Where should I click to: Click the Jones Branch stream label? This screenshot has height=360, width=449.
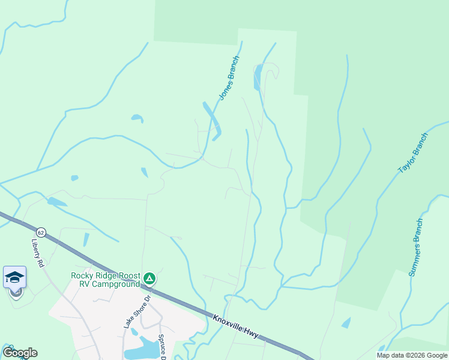point(229,78)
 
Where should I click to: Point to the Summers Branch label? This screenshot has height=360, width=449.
point(417,247)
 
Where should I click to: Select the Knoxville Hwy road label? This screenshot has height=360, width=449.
point(236,325)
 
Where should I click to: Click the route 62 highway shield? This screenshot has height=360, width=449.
point(41,232)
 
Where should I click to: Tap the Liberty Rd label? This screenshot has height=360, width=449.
point(38,253)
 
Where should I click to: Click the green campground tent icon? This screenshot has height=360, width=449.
point(149,278)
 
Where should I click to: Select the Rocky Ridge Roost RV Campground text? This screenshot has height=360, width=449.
point(105,280)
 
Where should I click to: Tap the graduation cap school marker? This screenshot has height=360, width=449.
point(14,277)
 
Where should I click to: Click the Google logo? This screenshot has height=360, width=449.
point(20,353)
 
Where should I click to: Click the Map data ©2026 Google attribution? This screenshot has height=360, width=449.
point(411,355)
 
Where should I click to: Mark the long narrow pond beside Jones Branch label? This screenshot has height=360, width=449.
point(212,119)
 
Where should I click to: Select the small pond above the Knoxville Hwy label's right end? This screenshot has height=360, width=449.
point(346,323)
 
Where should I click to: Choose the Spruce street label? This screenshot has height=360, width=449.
point(161,347)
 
